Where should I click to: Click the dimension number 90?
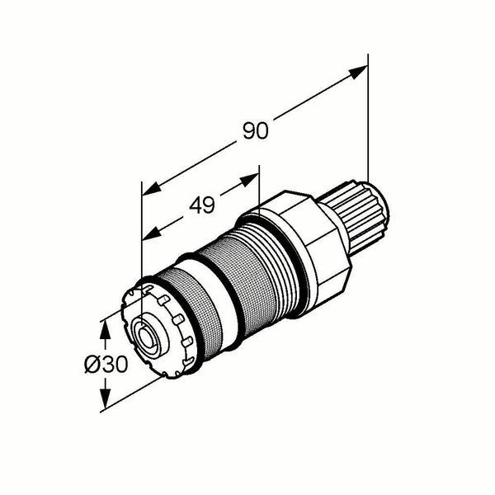tap(256, 130)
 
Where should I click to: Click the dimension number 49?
tap(202, 205)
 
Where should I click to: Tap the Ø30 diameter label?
tap(106, 364)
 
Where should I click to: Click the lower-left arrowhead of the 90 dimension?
tap(152, 189)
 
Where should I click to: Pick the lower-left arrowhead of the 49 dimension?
tap(152, 233)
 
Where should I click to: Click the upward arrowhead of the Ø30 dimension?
tap(105, 329)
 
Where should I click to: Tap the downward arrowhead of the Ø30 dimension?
tap(105, 398)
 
